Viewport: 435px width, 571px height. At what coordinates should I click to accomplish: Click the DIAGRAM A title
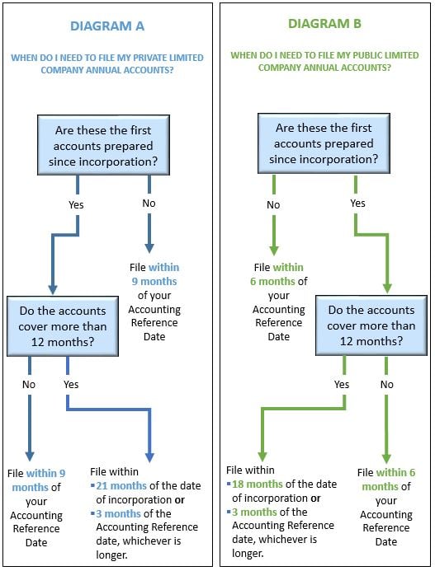107,26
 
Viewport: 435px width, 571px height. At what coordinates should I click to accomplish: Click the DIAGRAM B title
324,24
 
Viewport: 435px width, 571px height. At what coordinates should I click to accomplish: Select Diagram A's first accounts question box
104,145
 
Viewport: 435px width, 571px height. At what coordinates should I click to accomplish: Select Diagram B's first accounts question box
324,143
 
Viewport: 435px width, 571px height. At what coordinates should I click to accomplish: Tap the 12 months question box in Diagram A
63,326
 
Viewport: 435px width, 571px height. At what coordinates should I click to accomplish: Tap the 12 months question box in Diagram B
371,325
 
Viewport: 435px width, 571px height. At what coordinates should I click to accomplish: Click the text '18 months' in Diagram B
258,484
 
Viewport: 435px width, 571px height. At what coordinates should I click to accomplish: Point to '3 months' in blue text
119,513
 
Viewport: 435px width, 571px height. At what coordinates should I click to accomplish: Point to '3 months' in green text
255,512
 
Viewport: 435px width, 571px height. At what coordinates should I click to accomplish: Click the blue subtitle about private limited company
107,63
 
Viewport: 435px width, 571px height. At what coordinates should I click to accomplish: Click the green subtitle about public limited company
324,62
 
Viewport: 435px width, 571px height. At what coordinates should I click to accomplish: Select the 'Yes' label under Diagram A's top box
76,204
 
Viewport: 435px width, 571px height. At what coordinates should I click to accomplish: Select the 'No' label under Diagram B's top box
273,204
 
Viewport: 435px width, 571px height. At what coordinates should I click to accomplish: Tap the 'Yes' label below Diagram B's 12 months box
342,384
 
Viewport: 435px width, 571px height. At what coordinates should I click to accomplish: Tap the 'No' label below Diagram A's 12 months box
29,384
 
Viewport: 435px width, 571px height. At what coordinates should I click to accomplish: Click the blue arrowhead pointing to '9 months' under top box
149,248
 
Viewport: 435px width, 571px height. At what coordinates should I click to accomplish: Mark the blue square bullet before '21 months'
92,485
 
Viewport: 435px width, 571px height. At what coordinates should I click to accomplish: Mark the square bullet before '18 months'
229,484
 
